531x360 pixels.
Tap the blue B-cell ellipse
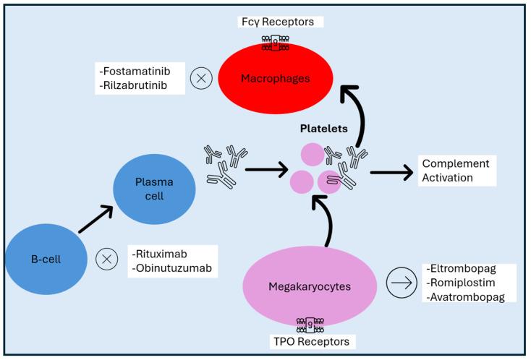click(43, 258)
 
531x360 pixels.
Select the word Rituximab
click(160, 254)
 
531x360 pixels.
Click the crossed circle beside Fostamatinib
click(200, 80)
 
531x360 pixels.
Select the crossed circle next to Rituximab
click(107, 259)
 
